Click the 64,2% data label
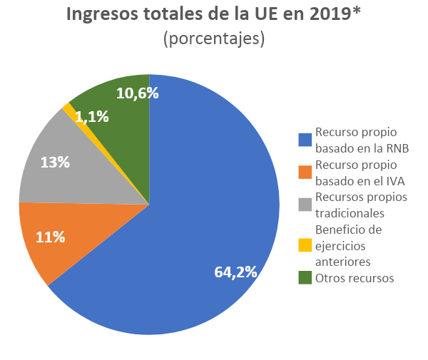236,272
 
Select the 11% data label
51,237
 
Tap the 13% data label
55,163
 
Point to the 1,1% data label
91,116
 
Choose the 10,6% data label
137,93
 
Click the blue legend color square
305,140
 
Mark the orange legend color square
305,172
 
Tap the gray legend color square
305,205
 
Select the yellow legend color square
305,245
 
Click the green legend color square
305,278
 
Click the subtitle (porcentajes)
214,40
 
